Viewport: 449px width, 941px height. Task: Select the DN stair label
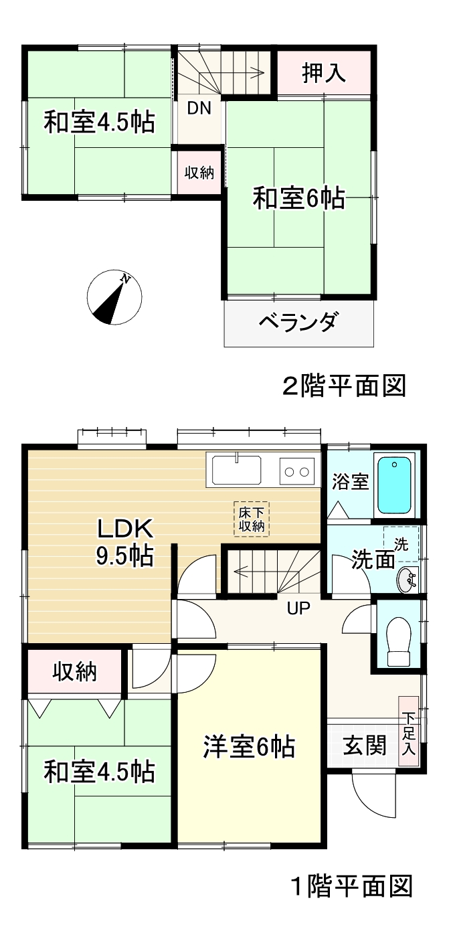tap(199, 108)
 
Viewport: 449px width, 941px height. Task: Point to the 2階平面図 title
tap(345, 386)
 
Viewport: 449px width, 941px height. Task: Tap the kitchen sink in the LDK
tap(237, 470)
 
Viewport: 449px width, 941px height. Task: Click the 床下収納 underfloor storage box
tap(252, 519)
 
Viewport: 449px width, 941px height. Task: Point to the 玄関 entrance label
tap(365, 746)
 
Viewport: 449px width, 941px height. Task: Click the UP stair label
tap(298, 609)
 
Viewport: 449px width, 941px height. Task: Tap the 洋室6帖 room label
tap(250, 747)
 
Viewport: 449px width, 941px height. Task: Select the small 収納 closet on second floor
tap(199, 172)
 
